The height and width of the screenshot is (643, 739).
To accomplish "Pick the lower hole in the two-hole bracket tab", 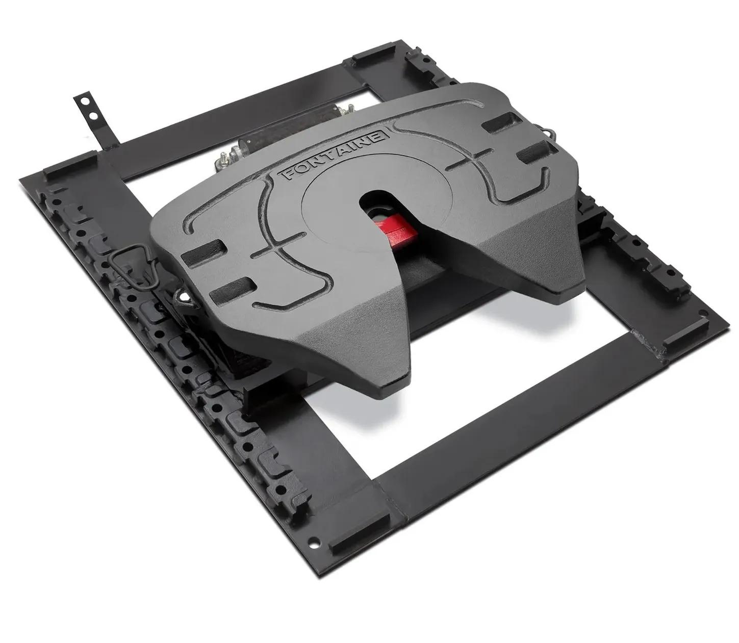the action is click(93, 116).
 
